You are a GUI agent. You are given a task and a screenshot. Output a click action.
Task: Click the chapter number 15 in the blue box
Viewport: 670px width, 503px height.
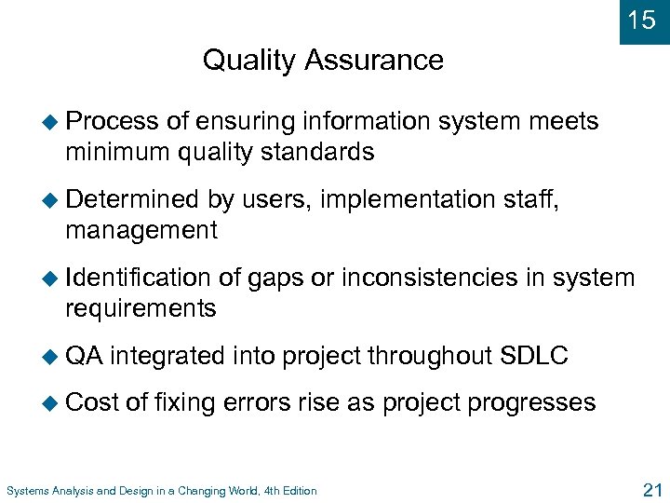[x=642, y=20]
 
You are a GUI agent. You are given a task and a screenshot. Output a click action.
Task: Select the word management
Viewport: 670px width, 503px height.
[x=141, y=230]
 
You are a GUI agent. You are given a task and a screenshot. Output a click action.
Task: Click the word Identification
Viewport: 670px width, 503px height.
[x=139, y=277]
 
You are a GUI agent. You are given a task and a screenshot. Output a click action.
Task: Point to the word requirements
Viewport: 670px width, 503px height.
[x=141, y=308]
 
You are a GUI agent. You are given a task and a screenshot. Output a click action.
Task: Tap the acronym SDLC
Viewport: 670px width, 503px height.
[x=534, y=355]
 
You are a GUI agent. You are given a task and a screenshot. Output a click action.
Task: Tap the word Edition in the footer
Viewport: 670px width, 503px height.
[x=297, y=491]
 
